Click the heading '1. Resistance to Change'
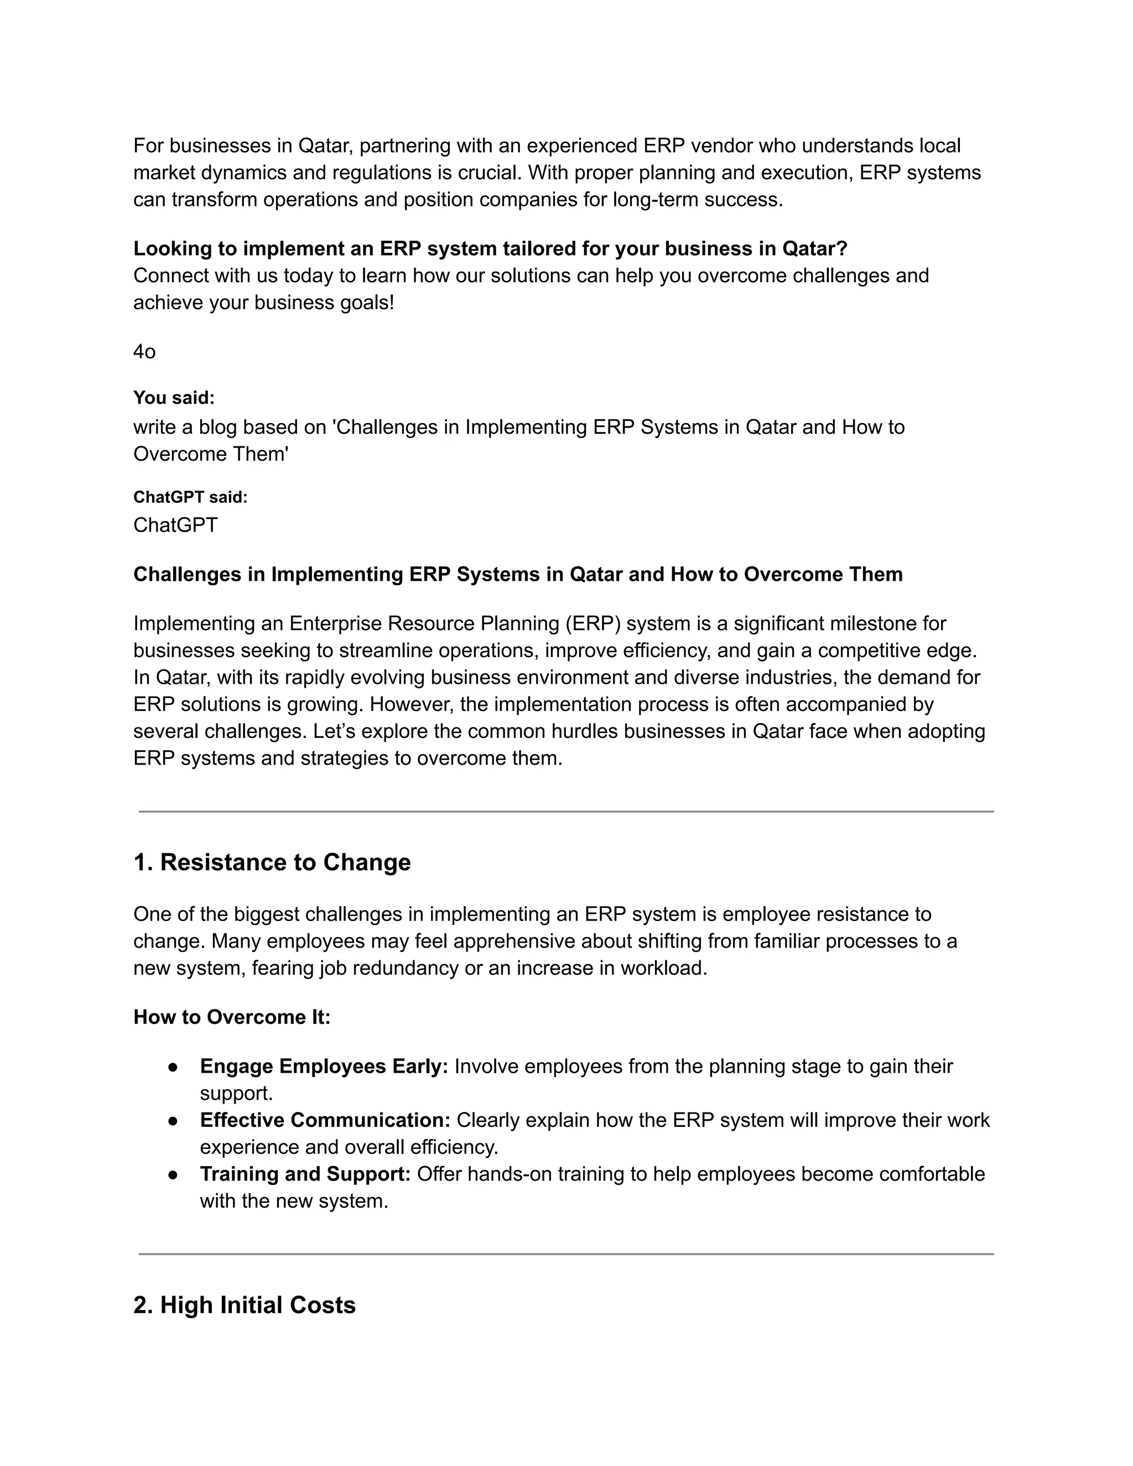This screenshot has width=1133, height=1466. point(272,862)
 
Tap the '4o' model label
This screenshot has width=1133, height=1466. point(144,352)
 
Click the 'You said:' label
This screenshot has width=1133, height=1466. point(174,398)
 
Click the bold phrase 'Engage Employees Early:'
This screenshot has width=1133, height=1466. point(324,1067)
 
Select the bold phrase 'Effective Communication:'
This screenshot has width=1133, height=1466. point(325,1120)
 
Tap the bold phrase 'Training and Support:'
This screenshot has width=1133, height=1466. point(305,1174)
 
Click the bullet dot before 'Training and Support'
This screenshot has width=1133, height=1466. point(173,1174)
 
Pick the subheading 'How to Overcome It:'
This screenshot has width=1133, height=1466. point(232,1017)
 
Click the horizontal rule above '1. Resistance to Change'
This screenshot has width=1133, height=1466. point(566,812)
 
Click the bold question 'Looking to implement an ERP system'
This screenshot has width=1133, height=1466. point(490,249)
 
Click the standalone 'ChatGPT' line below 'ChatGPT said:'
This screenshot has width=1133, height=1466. point(175,525)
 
